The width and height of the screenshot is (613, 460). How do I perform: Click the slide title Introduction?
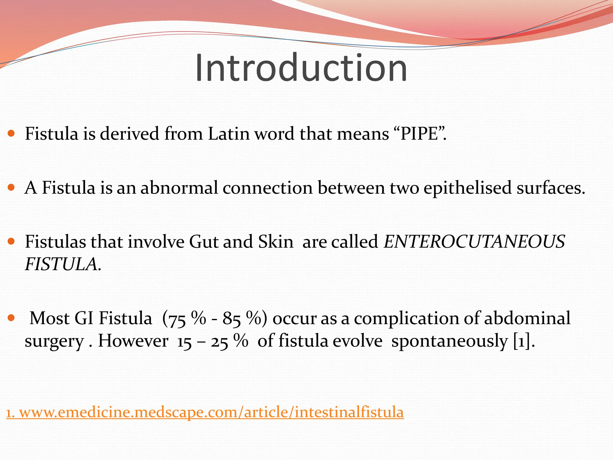click(x=301, y=68)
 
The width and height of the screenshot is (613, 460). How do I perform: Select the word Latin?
click(x=229, y=134)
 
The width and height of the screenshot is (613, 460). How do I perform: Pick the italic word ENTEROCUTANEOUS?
click(x=474, y=242)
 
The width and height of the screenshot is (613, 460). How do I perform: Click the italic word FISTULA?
click(x=61, y=264)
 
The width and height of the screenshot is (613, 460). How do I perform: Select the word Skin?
click(x=276, y=242)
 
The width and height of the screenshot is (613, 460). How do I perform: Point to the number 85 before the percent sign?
click(x=231, y=319)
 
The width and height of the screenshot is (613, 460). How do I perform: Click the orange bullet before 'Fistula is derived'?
click(x=11, y=133)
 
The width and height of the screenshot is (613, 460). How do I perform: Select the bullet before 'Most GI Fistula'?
click(x=11, y=318)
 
